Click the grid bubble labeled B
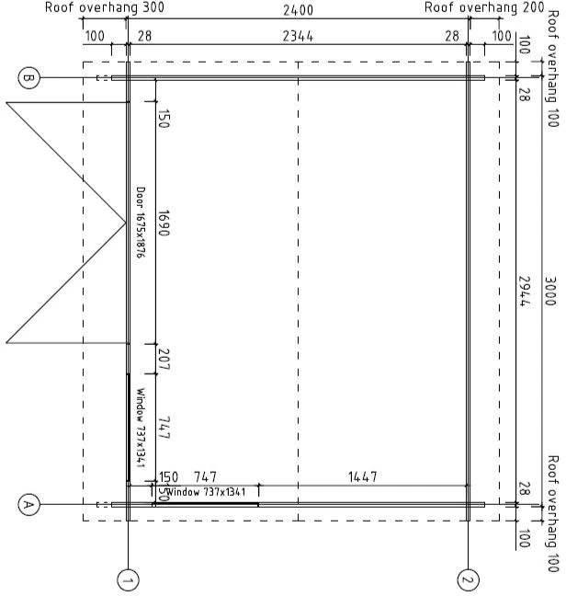tap(28, 78)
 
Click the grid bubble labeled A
tap(28, 505)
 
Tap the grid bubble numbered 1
tap(128, 580)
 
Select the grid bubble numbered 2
tap(468, 580)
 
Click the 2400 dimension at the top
tap(298, 10)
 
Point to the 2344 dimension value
tap(298, 37)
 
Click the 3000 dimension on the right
tap(550, 292)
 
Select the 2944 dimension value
tap(525, 292)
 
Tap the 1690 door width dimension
tap(164, 223)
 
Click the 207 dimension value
tap(164, 360)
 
